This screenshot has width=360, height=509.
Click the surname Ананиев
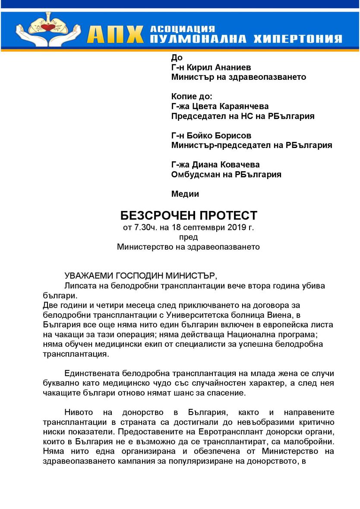click(x=230, y=68)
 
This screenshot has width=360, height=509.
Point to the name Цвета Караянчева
click(x=232, y=107)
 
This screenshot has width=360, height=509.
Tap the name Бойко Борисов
click(x=224, y=136)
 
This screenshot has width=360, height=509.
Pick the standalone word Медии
click(x=185, y=194)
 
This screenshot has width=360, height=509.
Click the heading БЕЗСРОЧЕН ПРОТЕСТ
click(x=189, y=215)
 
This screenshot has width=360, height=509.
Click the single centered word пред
click(x=188, y=237)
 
